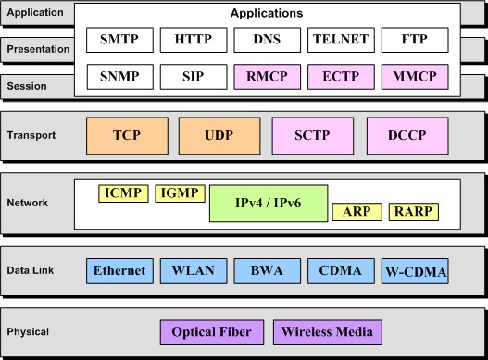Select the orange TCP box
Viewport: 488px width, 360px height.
[125, 135]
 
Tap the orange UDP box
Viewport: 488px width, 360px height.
[219, 135]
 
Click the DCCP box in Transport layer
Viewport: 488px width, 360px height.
[406, 135]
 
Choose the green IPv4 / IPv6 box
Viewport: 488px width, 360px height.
[267, 203]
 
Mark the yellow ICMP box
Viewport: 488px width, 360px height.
[122, 193]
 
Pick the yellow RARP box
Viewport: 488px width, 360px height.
[413, 212]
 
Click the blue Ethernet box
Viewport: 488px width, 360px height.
[119, 271]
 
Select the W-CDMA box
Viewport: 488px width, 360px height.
[415, 272]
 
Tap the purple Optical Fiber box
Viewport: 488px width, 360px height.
[212, 331]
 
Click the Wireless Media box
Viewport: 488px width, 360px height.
[327, 331]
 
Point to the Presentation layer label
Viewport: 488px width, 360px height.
[38, 49]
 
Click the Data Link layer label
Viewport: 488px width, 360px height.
[31, 271]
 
